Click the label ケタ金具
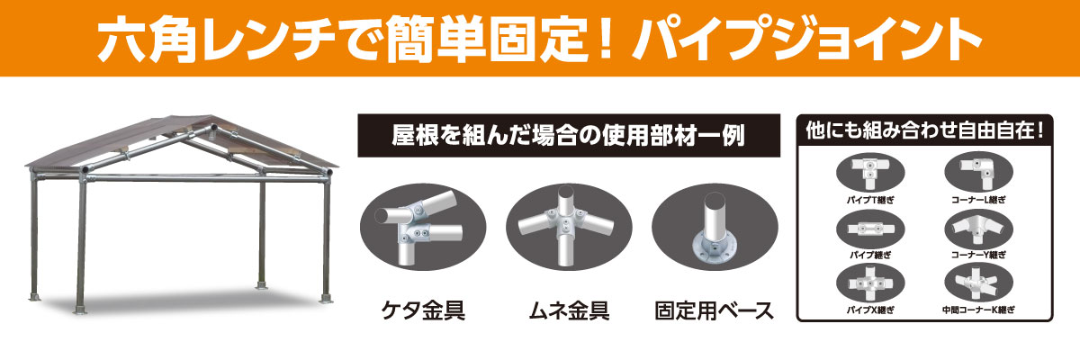click(423, 311)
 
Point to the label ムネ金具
click(566, 311)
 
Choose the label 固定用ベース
click(714, 311)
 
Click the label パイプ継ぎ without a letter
click(868, 255)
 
